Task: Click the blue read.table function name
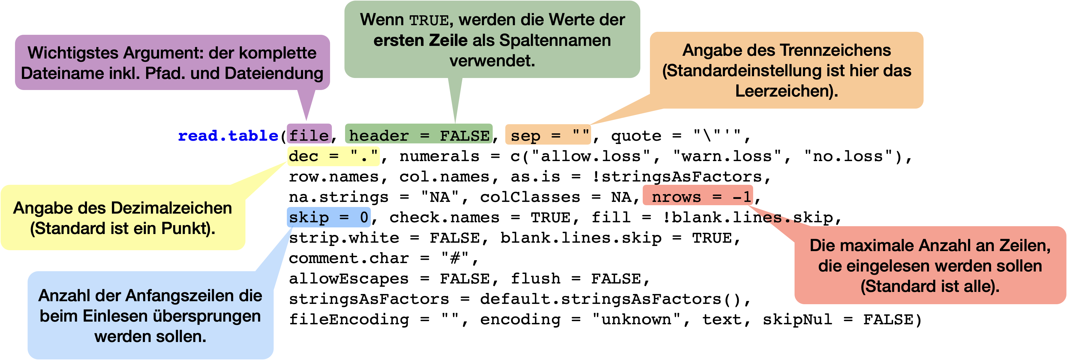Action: pos(228,136)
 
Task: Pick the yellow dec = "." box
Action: pos(333,156)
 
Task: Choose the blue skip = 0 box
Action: pos(329,217)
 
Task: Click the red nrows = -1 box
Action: pos(698,196)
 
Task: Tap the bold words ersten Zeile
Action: pos(420,40)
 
